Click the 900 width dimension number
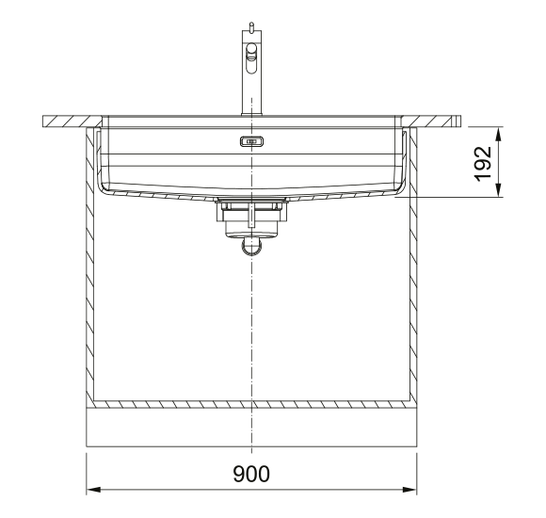pyautogui.click(x=251, y=474)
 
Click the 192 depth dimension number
pyautogui.click(x=483, y=164)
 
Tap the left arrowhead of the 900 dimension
pyautogui.click(x=93, y=490)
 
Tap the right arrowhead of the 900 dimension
pyautogui.click(x=409, y=490)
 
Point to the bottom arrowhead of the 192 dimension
pyautogui.click(x=499, y=190)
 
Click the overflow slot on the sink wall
pyautogui.click(x=251, y=141)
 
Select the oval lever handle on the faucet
pyautogui.click(x=251, y=58)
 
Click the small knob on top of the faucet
pyautogui.click(x=251, y=26)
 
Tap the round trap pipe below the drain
pyautogui.click(x=251, y=246)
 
